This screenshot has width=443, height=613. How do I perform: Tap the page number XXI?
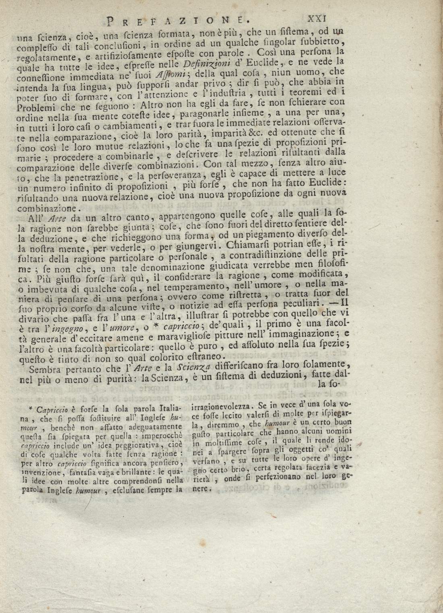click(319, 18)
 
